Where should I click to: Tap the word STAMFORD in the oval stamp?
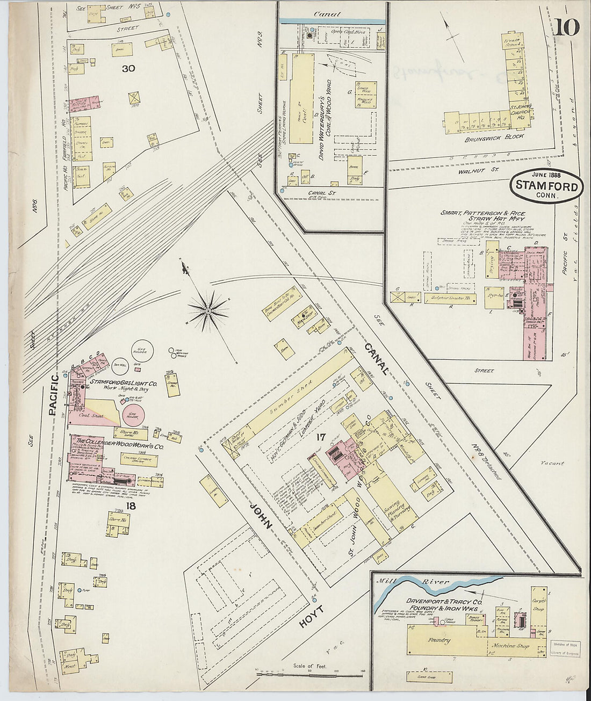click(x=546, y=186)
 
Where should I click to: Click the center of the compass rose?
click(x=208, y=310)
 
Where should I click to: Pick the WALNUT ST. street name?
click(x=478, y=170)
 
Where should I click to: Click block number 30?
click(x=128, y=68)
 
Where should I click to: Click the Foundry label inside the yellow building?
click(x=440, y=641)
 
